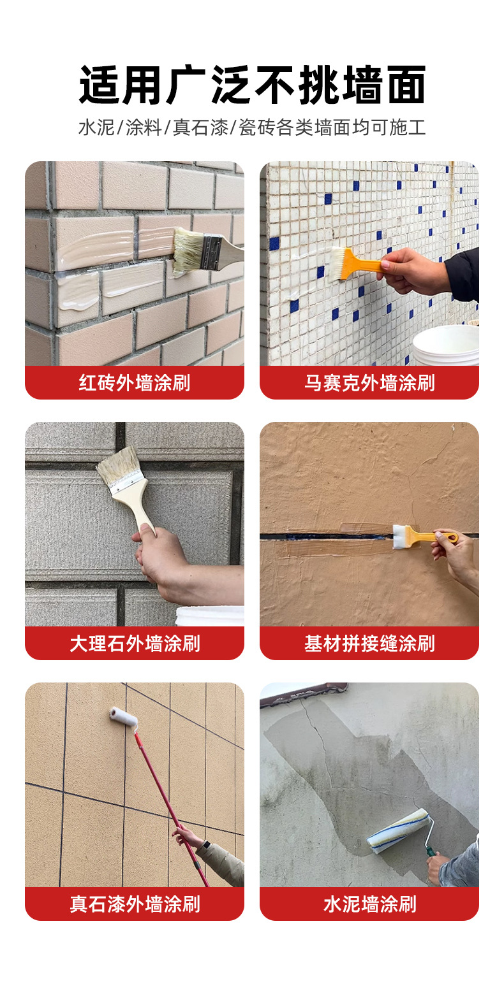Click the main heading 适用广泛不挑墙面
(252, 85)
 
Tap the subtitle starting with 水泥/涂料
(252, 127)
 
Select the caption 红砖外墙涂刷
(135, 383)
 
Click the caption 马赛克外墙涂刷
(369, 383)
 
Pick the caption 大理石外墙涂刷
(135, 644)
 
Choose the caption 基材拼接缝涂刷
(369, 644)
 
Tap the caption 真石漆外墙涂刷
(135, 904)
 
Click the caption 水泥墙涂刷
(369, 904)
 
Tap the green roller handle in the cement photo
(432, 851)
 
